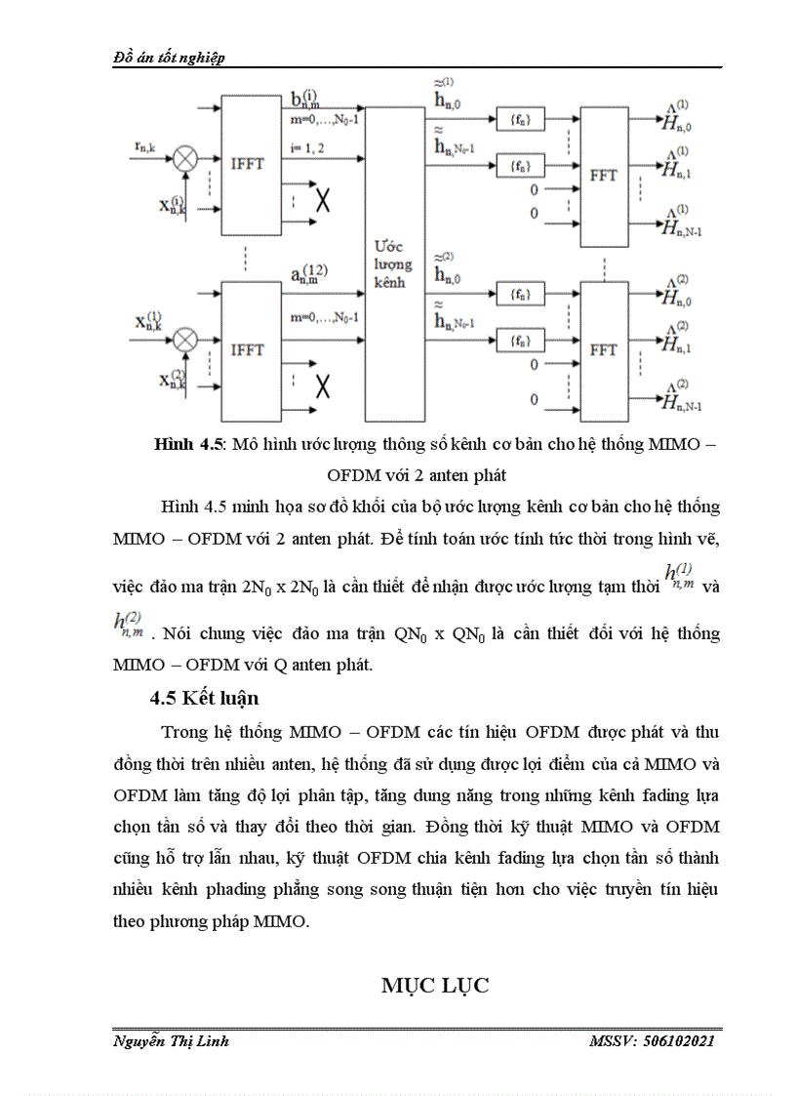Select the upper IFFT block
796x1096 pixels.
pos(249,165)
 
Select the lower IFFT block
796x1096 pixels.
pos(249,349)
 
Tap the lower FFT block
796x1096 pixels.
pos(603,349)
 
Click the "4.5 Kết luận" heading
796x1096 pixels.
pos(204,698)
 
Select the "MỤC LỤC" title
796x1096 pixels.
pos(434,986)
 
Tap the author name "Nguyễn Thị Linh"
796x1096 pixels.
pos(171,1041)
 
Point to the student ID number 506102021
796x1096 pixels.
pos(680,1041)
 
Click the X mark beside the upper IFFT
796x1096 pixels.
pos(322,202)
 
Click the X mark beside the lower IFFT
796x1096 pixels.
pos(322,387)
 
